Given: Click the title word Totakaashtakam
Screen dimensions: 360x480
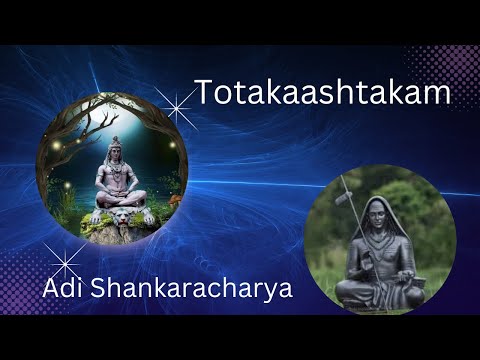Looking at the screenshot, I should point(322,93).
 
